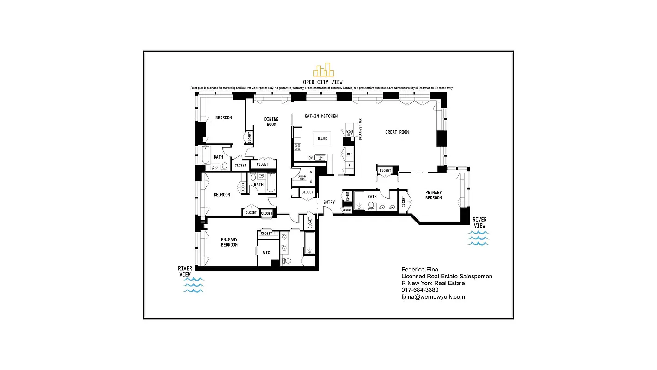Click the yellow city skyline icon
323,70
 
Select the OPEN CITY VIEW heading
323,82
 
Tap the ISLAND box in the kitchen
322,139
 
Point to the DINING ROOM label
271,122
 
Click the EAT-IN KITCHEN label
321,116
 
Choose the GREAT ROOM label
397,132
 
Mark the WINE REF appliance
350,133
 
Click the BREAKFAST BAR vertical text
360,129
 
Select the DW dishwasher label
311,158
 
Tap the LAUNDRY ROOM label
301,178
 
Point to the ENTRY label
329,203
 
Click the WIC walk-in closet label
266,253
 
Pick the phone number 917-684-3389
420,290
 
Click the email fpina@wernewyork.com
433,297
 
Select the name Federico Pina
419,269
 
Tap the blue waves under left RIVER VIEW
194,285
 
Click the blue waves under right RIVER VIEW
479,237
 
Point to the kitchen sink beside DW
320,158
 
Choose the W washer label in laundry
311,173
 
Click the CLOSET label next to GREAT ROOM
385,171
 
